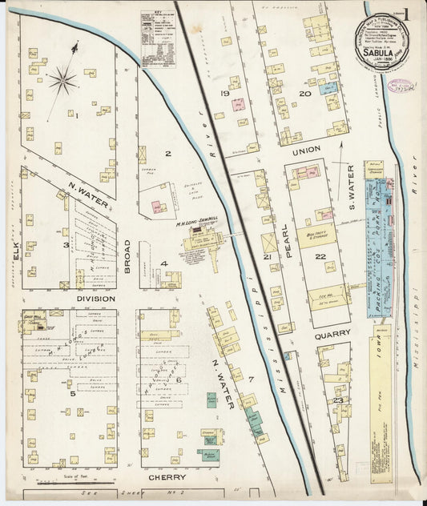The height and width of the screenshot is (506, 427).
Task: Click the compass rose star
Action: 62,79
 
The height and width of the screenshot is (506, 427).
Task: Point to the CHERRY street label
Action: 167,477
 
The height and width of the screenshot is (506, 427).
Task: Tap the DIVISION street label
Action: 95,299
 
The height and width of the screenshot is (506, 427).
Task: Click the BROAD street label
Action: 127,256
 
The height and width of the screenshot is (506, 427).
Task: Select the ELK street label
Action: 14,255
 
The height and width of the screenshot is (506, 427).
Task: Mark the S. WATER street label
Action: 351,183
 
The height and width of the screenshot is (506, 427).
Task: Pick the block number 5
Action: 72,393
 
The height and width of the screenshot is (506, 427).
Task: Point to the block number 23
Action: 339,400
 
